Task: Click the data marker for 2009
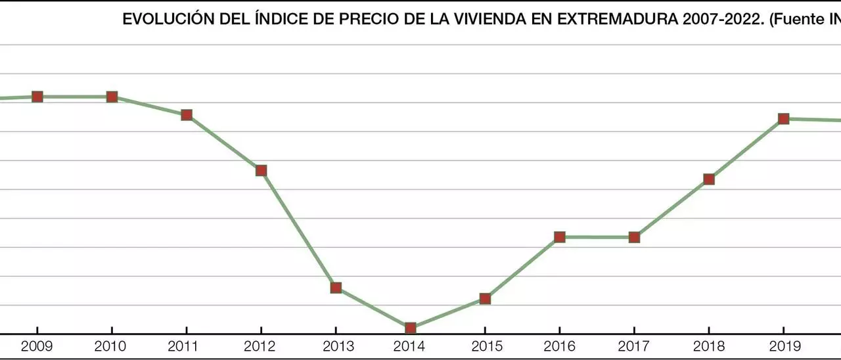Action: pos(37,97)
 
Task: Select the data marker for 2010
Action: pos(112,97)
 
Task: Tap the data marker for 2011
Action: pos(187,115)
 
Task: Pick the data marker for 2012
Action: pos(261,170)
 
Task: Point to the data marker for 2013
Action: pos(336,287)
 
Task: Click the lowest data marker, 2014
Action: pos(411,328)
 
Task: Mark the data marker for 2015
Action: pos(485,298)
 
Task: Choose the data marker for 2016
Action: pos(560,236)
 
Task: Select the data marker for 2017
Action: pos(634,237)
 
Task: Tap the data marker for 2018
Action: pos(709,179)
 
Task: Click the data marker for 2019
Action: pos(783,119)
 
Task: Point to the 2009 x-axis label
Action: pos(37,346)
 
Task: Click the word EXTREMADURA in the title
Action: pos(610,20)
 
